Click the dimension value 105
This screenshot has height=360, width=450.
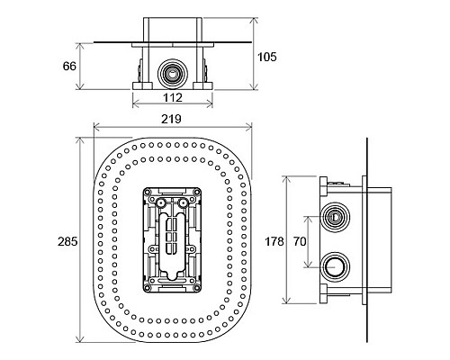pyautogui.click(x=267, y=57)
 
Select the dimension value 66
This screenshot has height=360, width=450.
pyautogui.click(x=69, y=66)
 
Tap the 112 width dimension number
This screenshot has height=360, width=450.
pyautogui.click(x=173, y=97)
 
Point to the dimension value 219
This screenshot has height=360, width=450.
pyautogui.click(x=171, y=119)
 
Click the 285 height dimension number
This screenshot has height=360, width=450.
pyautogui.click(x=67, y=241)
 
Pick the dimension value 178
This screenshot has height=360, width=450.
pyautogui.click(x=274, y=241)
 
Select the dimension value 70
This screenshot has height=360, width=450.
pyautogui.click(x=300, y=241)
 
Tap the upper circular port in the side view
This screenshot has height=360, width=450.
pyautogui.click(x=335, y=217)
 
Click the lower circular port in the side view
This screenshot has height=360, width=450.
pyautogui.click(x=335, y=266)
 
